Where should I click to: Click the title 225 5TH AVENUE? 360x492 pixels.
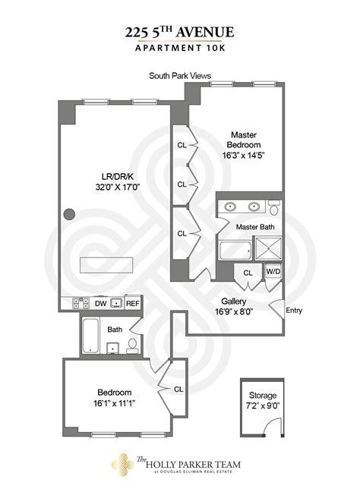[180, 31]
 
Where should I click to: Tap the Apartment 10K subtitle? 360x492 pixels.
[180, 49]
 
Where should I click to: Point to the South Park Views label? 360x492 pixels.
[180, 76]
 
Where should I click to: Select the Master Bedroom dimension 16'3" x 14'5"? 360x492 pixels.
[248, 155]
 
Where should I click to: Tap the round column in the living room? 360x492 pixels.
[69, 214]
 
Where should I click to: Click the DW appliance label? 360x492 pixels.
[100, 304]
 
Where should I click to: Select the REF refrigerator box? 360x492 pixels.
[133, 304]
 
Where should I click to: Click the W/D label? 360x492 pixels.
[272, 271]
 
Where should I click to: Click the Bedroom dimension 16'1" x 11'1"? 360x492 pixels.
[114, 403]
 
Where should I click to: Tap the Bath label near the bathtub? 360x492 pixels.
[115, 330]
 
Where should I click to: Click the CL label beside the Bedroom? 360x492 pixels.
[178, 389]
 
